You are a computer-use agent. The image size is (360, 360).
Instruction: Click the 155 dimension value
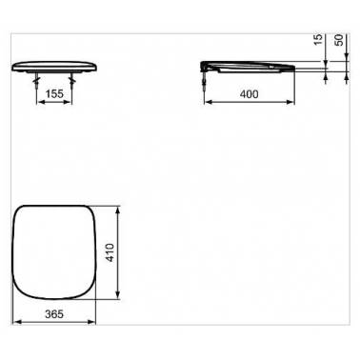coord(55,96)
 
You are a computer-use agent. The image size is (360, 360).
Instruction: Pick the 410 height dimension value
coord(111,251)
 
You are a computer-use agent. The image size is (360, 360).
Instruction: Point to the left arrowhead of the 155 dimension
coord(40,105)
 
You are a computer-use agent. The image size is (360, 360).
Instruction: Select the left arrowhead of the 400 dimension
coord(210,105)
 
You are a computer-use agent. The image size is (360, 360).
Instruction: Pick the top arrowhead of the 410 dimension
coord(120,207)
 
